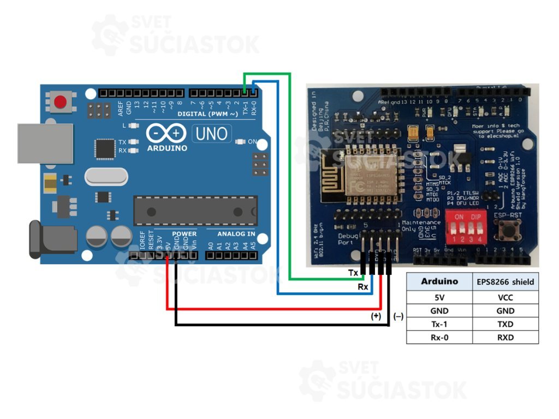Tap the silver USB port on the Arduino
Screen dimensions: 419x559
click(45, 143)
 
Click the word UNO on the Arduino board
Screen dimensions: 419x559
click(211, 133)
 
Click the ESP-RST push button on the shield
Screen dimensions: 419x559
click(512, 232)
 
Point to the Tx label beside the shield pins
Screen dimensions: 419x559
click(353, 272)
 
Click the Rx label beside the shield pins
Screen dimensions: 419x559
click(362, 286)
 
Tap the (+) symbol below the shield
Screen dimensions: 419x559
click(376, 316)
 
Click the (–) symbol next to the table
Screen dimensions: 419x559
click(398, 316)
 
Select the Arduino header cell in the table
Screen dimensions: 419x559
click(439, 282)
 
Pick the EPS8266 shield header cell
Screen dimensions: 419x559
click(506, 282)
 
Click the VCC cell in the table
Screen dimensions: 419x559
click(506, 298)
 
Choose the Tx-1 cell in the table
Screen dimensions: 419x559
click(439, 324)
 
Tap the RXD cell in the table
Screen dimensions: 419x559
click(506, 337)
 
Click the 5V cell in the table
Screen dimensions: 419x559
click(439, 298)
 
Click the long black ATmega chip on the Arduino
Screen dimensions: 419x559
click(195, 211)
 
